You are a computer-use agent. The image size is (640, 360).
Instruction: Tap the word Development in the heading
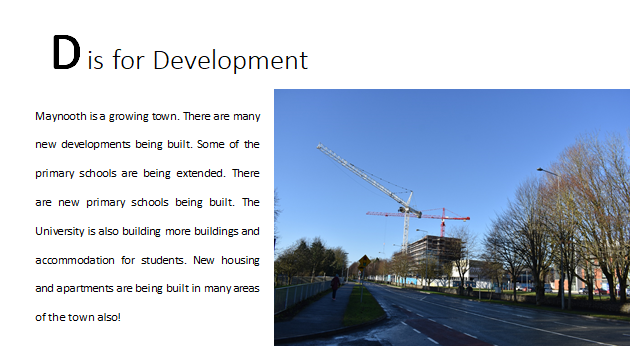click(x=230, y=61)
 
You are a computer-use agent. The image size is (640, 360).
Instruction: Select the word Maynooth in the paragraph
click(x=60, y=116)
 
